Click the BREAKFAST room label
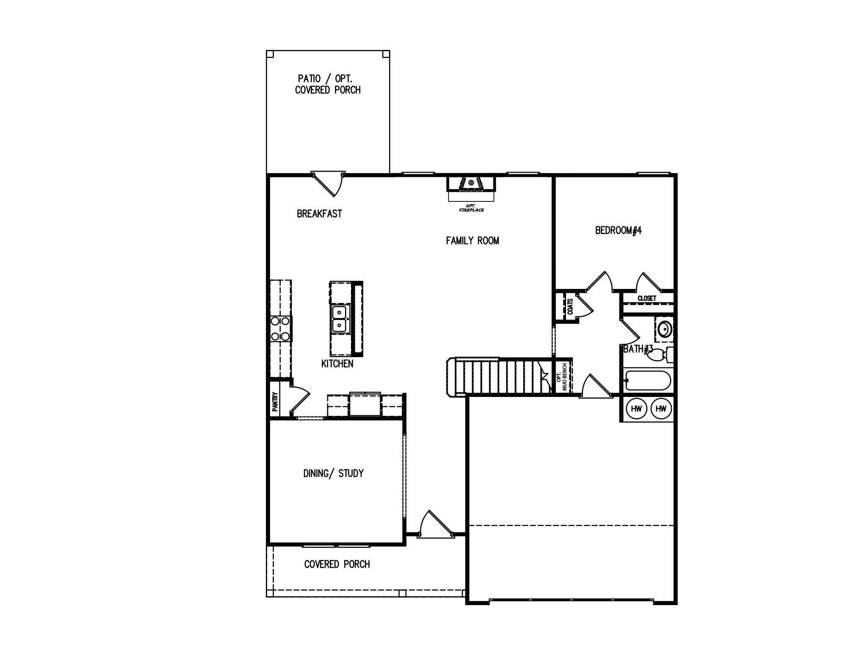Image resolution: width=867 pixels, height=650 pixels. pos(319,214)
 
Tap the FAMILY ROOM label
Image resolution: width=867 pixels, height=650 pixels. pos(472,241)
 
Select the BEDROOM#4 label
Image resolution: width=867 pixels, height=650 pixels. pos(618,231)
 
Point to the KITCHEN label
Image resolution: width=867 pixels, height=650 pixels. pos(337,364)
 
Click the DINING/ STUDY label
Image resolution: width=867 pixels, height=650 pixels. pos(333,473)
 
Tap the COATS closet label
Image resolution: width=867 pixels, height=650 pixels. pos(570,307)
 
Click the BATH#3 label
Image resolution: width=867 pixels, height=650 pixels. pos(638,349)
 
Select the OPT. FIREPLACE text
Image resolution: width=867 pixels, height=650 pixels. pos(471,208)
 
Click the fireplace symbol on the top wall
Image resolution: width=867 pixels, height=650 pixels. pos(471,184)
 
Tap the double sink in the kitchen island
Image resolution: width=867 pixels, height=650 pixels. pos(339,319)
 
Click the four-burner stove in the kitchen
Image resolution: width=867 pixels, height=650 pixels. pos(280,329)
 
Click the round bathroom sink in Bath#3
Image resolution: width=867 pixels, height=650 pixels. pos(665,329)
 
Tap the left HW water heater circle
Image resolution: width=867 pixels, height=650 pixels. pos(636,409)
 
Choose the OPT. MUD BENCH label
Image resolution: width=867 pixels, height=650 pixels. pos(562,377)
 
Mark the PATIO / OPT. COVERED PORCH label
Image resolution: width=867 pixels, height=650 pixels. pos(328,84)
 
